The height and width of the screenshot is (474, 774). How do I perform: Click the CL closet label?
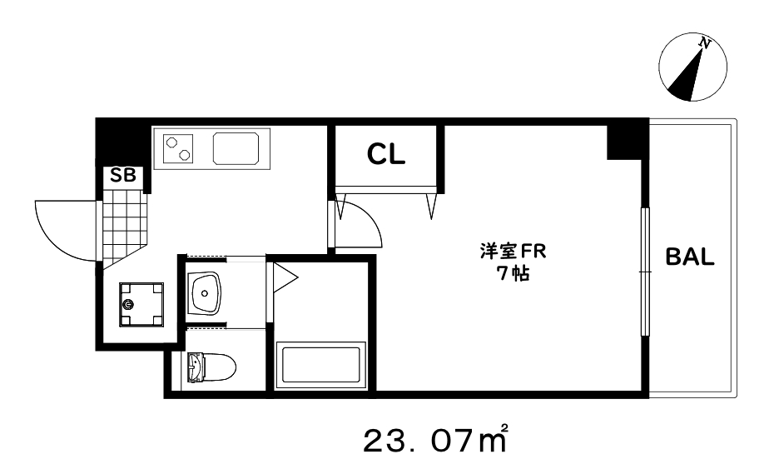pos(386,154)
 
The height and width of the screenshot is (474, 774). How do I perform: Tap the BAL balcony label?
pos(690,257)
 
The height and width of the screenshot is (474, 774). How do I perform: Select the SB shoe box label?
pos(122,177)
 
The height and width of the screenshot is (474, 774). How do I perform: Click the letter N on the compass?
pos(705,43)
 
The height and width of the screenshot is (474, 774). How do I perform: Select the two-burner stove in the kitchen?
pos(179,149)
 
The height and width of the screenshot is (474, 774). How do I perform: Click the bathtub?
pos(320,366)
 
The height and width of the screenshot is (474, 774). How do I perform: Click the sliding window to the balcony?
pos(645,271)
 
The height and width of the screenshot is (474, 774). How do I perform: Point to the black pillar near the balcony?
pos(626,141)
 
